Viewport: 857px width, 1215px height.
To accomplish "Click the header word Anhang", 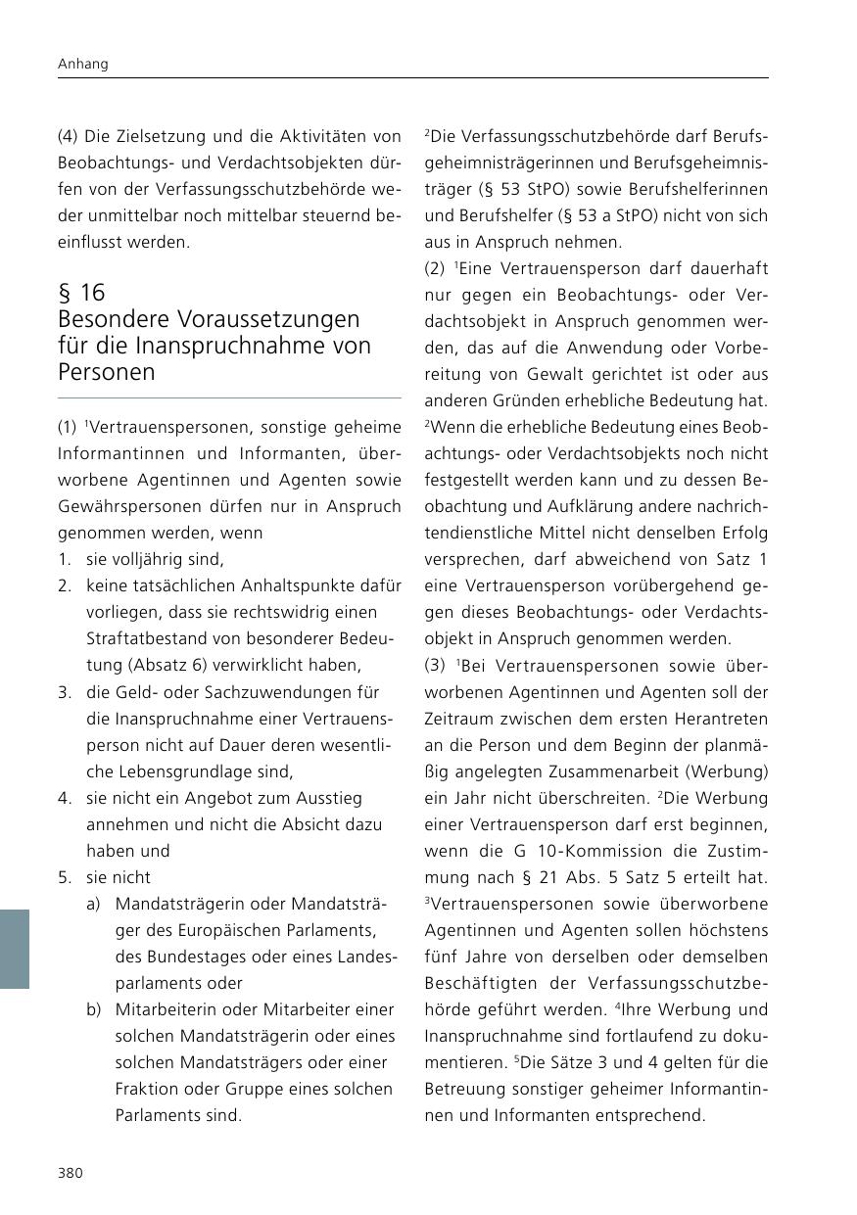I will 82,64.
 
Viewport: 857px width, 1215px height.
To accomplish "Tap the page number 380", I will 71,1173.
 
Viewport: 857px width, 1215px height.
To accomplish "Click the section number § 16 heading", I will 81,293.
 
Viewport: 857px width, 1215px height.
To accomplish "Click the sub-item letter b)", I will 93,1009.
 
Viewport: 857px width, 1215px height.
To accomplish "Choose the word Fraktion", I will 147,1089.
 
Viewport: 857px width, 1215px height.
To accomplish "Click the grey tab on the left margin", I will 15,949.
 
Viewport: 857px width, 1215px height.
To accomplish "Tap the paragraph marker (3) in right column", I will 435,666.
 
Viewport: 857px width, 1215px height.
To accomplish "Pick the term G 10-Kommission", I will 553,851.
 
